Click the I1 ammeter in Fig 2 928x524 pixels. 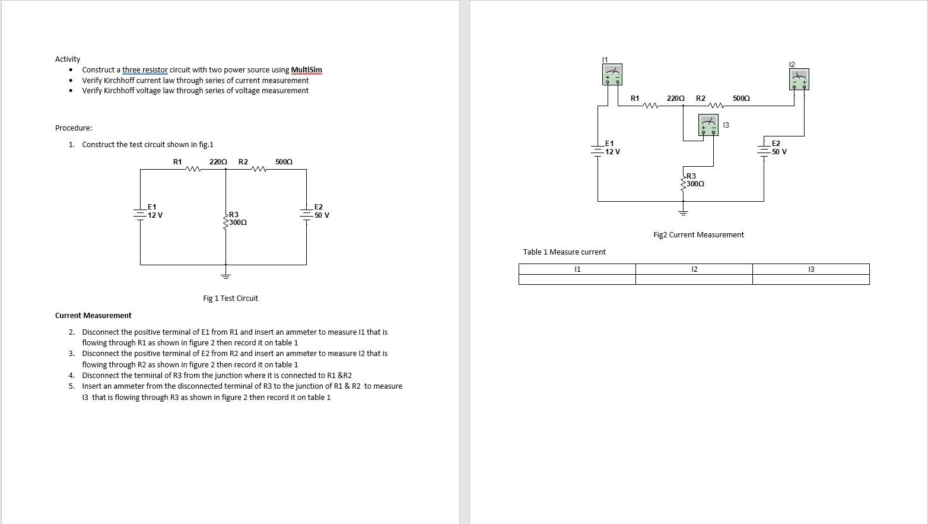[x=612, y=74]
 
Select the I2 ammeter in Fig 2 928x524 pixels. [x=799, y=79]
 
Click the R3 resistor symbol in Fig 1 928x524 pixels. [x=225, y=221]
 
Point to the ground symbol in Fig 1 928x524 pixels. [x=225, y=275]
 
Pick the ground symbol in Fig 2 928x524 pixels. [x=683, y=212]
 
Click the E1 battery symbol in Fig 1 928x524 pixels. [x=140, y=212]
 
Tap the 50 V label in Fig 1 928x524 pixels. [x=322, y=215]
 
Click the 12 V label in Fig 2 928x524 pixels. [x=612, y=152]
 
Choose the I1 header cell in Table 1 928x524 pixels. [x=577, y=269]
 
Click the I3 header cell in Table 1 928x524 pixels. [x=811, y=269]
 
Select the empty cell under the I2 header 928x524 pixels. [x=694, y=280]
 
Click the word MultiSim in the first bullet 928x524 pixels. [x=306, y=70]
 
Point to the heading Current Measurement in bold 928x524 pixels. [x=93, y=316]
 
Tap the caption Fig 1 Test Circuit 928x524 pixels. [x=230, y=298]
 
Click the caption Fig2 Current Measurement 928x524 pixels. [x=698, y=235]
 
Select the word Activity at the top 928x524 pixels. [x=68, y=59]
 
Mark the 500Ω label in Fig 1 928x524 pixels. [x=284, y=162]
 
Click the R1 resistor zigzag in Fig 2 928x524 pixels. [x=651, y=106]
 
